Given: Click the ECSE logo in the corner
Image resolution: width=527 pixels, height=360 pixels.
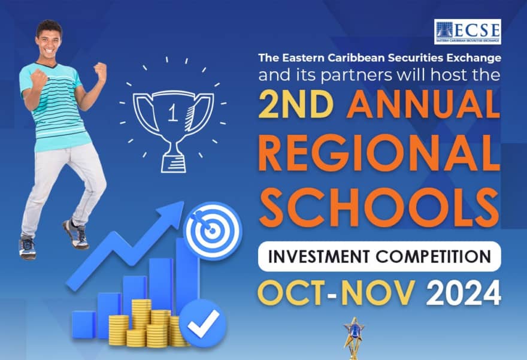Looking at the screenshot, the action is point(468,32).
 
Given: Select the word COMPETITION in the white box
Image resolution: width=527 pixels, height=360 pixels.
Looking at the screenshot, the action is point(434,256).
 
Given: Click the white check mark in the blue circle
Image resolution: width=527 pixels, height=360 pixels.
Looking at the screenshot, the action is point(203,323).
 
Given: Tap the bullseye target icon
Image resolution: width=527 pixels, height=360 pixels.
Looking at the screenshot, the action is point(213,231).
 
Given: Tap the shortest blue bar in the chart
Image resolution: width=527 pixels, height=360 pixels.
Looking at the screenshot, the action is point(83,325).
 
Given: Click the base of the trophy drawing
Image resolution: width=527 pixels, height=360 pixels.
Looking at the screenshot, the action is point(174,164).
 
